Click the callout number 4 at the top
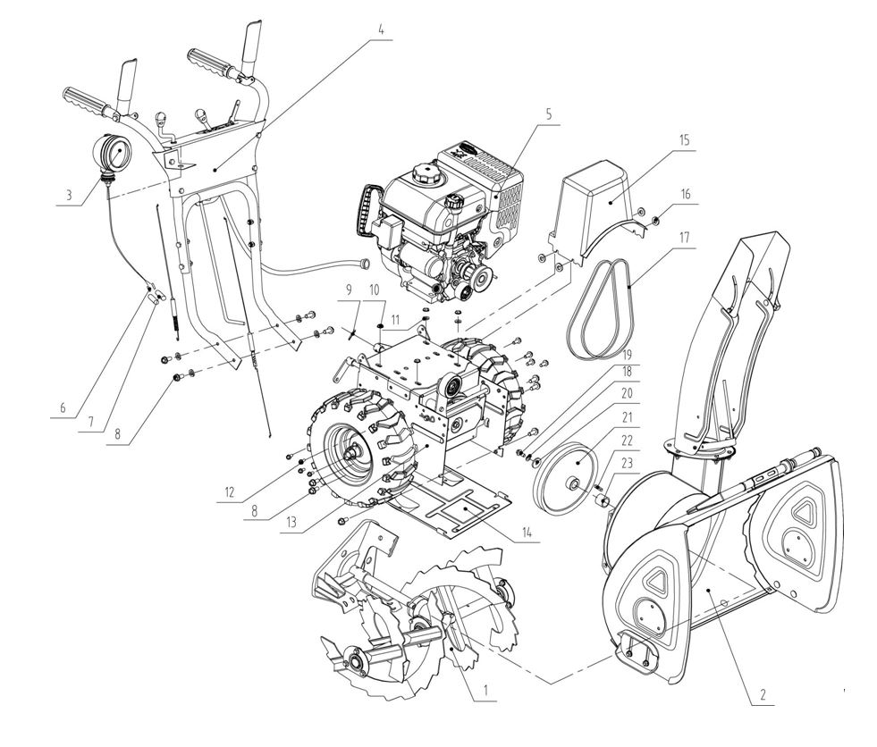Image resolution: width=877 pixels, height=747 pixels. (381, 30)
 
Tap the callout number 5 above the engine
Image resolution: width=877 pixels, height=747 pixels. (549, 114)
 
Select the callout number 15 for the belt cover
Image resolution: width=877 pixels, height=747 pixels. (685, 139)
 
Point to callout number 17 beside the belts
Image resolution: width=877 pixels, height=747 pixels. (684, 238)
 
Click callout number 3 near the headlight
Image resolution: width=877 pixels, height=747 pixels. (69, 195)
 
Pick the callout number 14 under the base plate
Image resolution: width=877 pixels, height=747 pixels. (527, 532)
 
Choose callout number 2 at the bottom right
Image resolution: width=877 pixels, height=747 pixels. (763, 695)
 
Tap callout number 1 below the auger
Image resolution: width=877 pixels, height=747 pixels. (485, 691)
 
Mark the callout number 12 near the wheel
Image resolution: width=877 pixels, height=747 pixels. (230, 492)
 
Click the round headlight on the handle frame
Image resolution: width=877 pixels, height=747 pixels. (112, 154)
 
